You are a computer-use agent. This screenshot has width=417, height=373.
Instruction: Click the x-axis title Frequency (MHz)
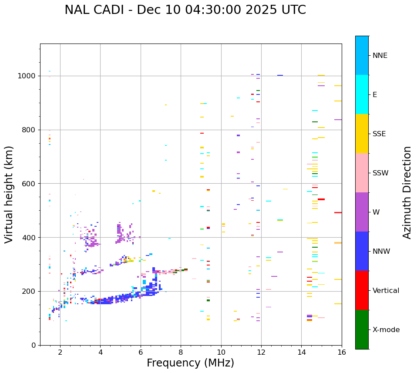[190, 363]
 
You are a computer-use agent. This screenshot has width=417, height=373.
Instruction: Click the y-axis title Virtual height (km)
[9, 194]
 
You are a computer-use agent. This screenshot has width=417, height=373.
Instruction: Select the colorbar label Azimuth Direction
[407, 192]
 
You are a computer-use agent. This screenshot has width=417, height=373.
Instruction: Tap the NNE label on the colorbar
[380, 56]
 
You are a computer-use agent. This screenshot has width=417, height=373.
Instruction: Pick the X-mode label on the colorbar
[386, 330]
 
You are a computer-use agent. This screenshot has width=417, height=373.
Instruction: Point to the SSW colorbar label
[380, 173]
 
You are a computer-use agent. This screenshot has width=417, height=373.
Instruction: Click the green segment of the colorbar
[362, 329]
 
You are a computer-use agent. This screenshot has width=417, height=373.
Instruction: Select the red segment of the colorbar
[362, 290]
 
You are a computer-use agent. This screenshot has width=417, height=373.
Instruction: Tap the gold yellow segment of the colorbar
[362, 134]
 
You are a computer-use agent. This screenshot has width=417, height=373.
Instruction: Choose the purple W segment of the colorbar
[362, 212]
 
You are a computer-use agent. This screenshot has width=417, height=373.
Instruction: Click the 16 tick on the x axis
[341, 352]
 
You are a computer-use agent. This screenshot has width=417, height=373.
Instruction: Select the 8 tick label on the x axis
[181, 352]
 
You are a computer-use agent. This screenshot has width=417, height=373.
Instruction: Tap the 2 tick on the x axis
[60, 352]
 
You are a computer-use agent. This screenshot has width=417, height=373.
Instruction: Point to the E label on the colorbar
[375, 95]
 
